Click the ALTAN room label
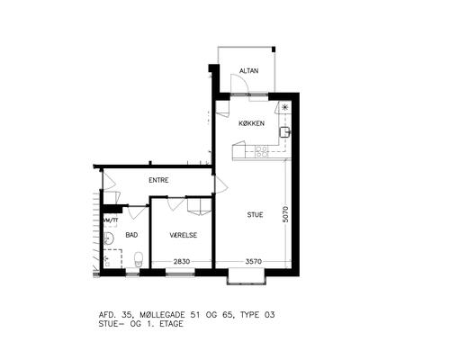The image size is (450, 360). pos(248,71)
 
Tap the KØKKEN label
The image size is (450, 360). pos(251,123)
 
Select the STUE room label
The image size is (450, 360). pos(255,215)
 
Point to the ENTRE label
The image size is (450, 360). pos(158,180)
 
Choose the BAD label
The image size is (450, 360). pos(131,235)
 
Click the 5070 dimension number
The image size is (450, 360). pos(285,214)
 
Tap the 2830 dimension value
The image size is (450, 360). pos(182,262)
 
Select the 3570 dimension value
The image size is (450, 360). pos(254,262)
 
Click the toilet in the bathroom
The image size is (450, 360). pos(139,259)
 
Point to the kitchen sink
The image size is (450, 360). pos(284,132)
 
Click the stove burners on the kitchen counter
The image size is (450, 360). pos(261,151)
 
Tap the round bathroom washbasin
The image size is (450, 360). pos(108,238)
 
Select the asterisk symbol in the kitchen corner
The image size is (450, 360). pos(285,107)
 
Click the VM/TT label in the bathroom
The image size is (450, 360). pos(111,220)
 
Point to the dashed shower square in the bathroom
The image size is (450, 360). pos(112,258)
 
